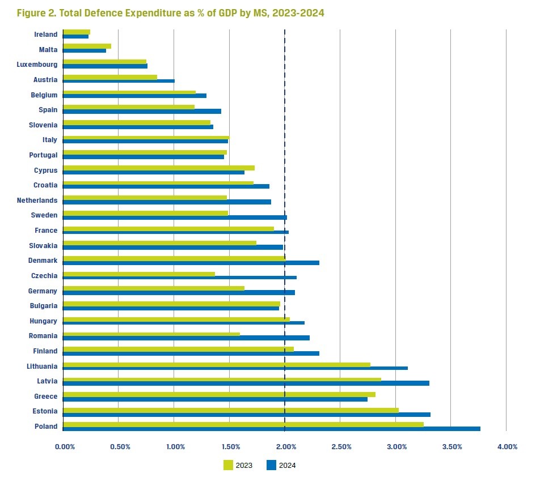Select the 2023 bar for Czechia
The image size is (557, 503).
pos(139,274)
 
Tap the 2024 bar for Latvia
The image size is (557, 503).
pos(246,383)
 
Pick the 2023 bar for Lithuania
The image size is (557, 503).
pos(216,365)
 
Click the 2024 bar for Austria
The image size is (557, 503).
pos(119,81)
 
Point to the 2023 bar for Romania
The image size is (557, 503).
pos(151,334)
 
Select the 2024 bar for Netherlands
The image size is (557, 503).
pos(167,202)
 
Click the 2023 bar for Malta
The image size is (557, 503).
pos(87,46)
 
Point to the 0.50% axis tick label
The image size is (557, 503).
pos(120,447)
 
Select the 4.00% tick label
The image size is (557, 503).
pos(507,447)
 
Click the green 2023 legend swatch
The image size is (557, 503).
pos(229,465)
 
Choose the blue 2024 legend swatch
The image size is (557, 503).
pos(271,465)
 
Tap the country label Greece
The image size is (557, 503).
pos(46,397)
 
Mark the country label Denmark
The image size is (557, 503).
pos(43,261)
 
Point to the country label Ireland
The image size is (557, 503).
pos(46,35)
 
